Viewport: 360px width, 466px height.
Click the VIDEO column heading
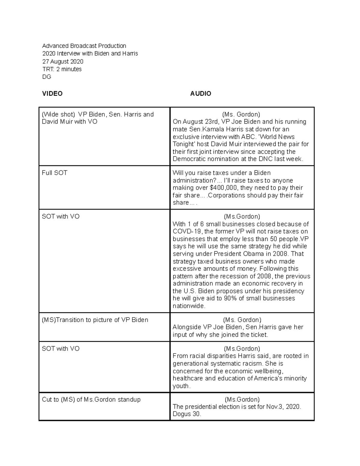click(52, 94)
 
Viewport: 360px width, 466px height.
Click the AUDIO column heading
click(200, 94)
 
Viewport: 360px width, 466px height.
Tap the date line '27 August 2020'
click(63, 62)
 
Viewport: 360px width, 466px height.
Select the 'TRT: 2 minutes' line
click(62, 69)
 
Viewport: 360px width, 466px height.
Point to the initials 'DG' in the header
click(46, 77)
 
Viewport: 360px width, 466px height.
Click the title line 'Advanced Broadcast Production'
click(84, 46)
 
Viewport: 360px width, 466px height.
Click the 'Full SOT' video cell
click(55, 173)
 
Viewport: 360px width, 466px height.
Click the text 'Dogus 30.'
click(187, 414)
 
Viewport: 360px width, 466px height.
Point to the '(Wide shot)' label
click(58, 114)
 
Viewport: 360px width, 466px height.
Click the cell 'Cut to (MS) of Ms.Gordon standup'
click(91, 399)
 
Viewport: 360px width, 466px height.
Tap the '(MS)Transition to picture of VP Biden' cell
click(95, 320)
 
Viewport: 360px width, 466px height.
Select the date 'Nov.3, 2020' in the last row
click(283, 407)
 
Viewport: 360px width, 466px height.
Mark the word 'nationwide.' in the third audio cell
click(189, 306)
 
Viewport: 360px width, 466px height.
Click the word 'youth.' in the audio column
click(181, 386)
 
